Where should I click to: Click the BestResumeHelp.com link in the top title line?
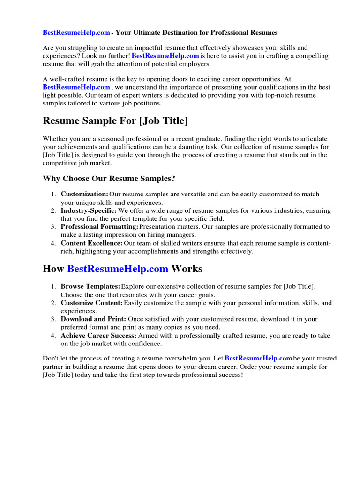coord(76,33)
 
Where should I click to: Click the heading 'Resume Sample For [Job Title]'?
coord(115,121)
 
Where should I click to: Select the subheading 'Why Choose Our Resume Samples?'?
coord(109,179)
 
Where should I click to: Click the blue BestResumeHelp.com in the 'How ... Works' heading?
coord(118,269)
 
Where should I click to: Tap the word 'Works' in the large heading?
coord(187,269)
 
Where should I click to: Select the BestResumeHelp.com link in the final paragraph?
coord(259,359)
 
